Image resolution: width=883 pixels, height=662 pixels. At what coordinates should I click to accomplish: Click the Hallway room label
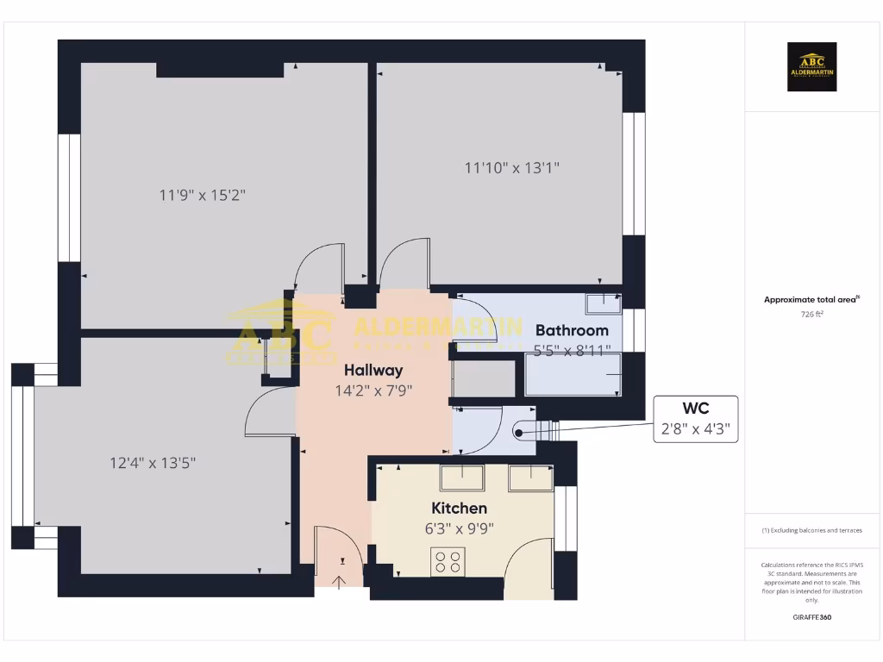pyautogui.click(x=373, y=370)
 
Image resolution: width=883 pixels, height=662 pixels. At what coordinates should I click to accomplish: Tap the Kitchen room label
pyautogui.click(x=459, y=509)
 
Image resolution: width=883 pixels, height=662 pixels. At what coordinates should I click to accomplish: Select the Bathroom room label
pyautogui.click(x=572, y=330)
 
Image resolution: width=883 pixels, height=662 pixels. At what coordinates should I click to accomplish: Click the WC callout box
pyautogui.click(x=696, y=419)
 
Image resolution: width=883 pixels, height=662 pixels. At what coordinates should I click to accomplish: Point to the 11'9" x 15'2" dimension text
pyautogui.click(x=203, y=195)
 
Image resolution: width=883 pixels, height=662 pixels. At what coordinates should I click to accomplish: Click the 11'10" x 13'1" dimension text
pyautogui.click(x=512, y=168)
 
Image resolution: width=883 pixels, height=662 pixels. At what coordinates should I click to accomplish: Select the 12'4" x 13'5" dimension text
pyautogui.click(x=153, y=463)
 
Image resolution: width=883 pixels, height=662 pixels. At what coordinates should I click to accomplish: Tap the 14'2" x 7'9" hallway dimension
pyautogui.click(x=373, y=390)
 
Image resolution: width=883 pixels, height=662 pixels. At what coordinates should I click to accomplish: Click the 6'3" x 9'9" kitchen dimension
pyautogui.click(x=459, y=529)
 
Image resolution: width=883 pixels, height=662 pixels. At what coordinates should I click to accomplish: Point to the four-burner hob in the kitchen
pyautogui.click(x=448, y=561)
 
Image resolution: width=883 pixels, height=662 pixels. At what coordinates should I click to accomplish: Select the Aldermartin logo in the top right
pyautogui.click(x=811, y=67)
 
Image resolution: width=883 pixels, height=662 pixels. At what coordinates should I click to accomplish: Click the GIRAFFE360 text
pyautogui.click(x=811, y=617)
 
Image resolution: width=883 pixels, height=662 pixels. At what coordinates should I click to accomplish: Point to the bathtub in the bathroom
pyautogui.click(x=573, y=374)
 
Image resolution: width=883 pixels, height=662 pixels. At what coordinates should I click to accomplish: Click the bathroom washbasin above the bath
pyautogui.click(x=603, y=303)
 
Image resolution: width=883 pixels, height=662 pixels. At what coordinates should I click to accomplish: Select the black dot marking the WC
pyautogui.click(x=519, y=434)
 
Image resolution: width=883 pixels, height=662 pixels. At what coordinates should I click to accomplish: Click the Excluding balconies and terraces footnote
pyautogui.click(x=811, y=530)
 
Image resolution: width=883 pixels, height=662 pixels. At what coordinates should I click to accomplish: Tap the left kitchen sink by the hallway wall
pyautogui.click(x=462, y=478)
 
